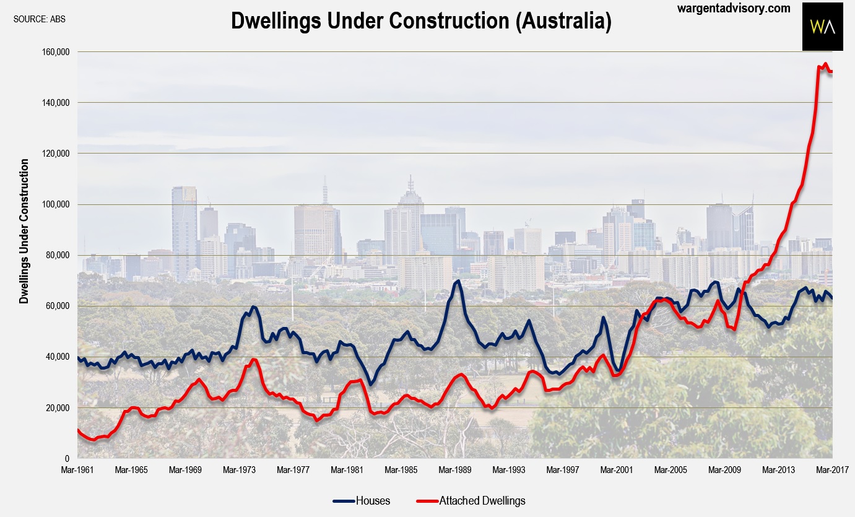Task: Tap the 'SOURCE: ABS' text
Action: click(39, 19)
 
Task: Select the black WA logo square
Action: click(823, 27)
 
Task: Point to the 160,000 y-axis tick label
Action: click(54, 52)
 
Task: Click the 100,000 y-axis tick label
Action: click(54, 204)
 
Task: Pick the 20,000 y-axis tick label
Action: click(57, 408)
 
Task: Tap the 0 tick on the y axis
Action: click(67, 459)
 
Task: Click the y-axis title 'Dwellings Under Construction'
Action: click(24, 231)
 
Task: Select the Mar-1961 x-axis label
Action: click(77, 470)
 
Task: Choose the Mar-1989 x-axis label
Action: click(454, 470)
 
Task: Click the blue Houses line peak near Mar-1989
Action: click(458, 281)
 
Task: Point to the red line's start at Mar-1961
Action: click(78, 430)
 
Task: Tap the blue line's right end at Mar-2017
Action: click(832, 298)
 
